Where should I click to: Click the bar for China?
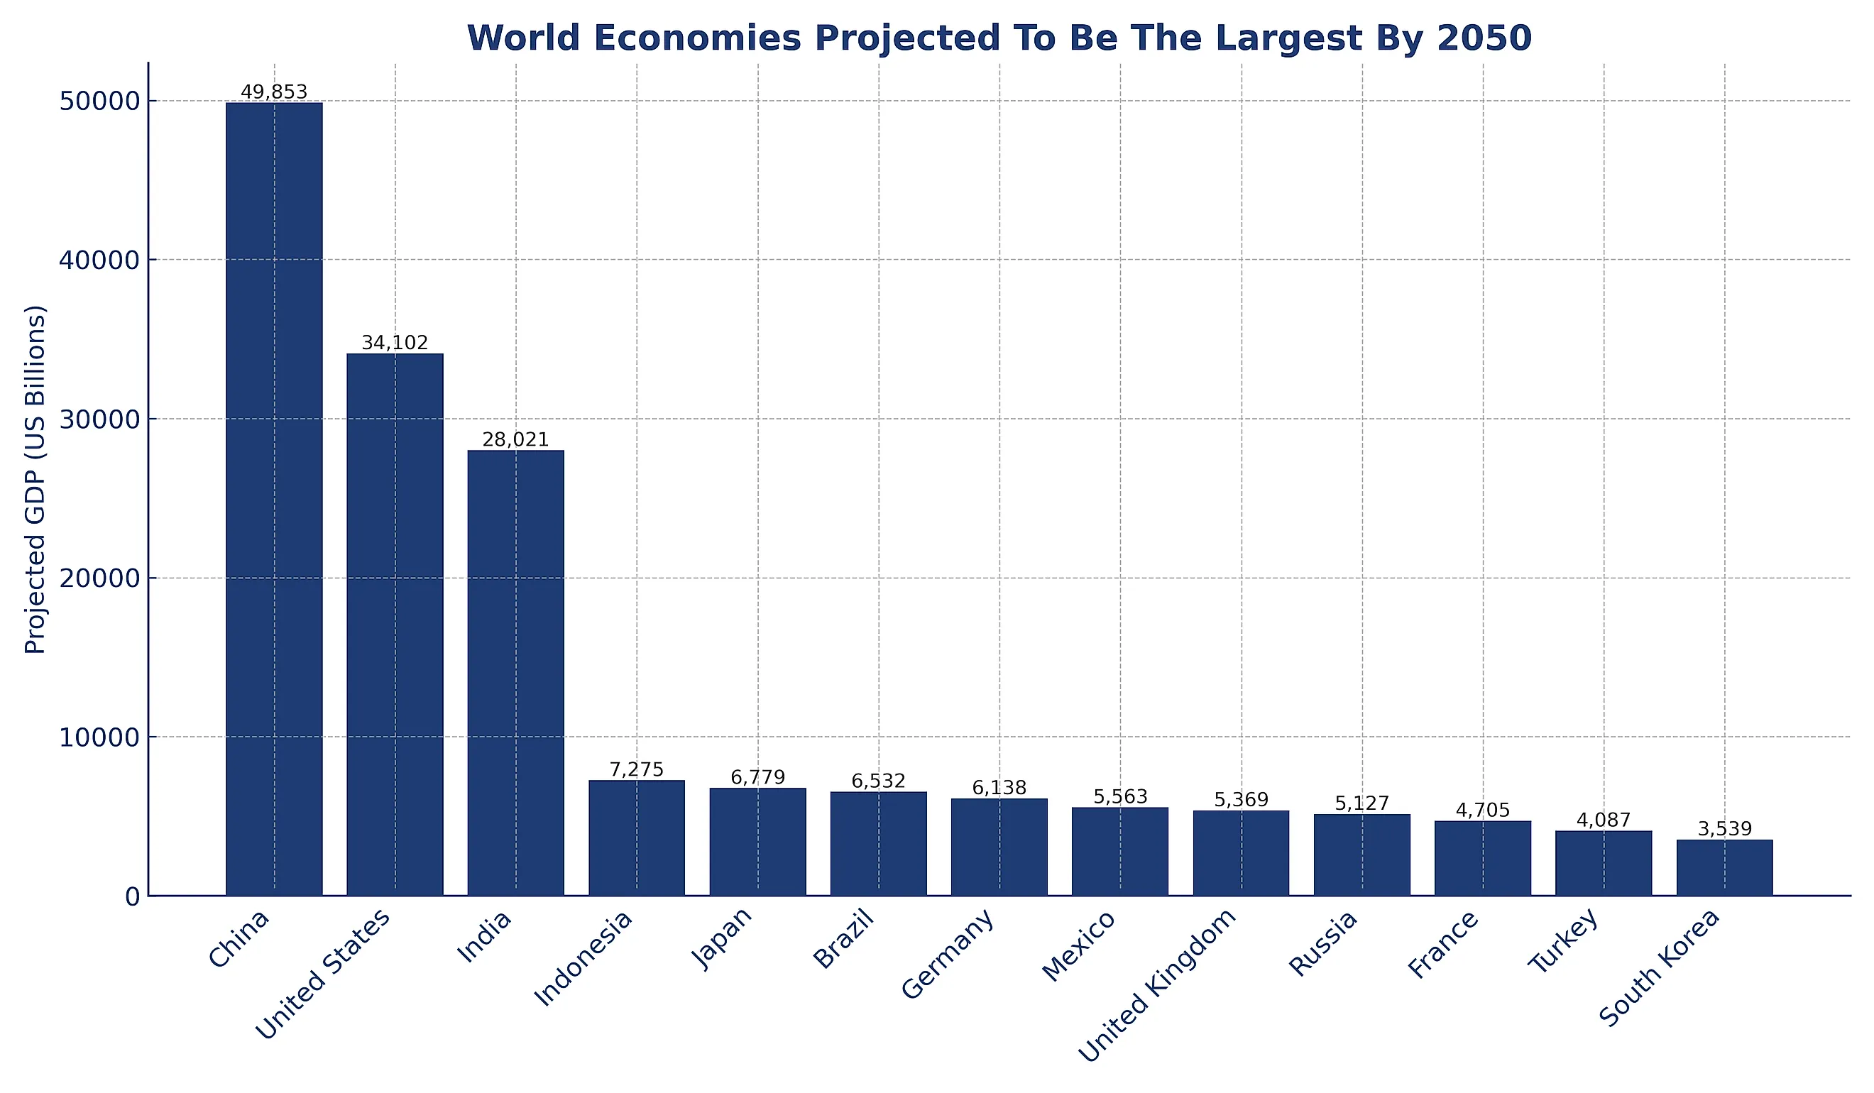pos(274,498)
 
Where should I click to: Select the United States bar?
pos(395,625)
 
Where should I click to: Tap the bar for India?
pos(515,673)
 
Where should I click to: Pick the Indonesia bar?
pos(637,838)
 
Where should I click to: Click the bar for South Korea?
pos(1724,868)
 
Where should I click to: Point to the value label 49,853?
pos(274,92)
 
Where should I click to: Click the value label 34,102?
pos(395,343)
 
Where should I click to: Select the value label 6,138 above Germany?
pos(999,788)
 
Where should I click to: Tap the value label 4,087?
pos(1604,820)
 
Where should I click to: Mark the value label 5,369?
pos(1240,800)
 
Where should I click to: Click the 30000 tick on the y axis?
pos(99,419)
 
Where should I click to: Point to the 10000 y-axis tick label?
pos(99,737)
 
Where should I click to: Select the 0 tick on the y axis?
pos(132,897)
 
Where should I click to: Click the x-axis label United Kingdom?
pos(1157,986)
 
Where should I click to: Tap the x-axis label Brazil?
pos(843,942)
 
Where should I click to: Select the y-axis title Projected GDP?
pos(35,480)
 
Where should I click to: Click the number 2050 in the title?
pos(1484,38)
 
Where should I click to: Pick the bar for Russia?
pos(1361,855)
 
